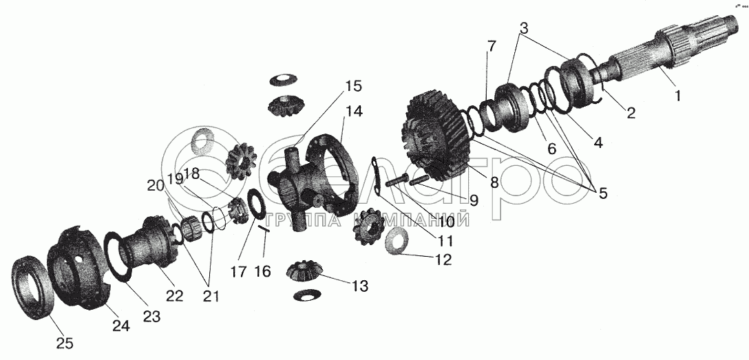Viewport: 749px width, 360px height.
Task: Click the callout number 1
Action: point(677,96)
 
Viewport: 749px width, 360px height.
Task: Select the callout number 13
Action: point(359,285)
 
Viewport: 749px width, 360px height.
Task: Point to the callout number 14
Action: point(355,110)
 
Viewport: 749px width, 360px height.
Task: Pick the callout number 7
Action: point(491,47)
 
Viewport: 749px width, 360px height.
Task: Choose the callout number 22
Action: point(174,295)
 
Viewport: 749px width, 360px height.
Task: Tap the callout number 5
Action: point(602,193)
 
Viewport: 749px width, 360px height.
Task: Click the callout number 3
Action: point(524,29)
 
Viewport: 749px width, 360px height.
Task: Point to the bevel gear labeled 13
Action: point(305,271)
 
